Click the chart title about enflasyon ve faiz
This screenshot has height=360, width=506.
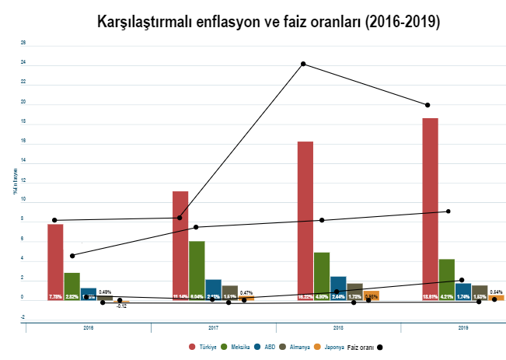[x=269, y=22]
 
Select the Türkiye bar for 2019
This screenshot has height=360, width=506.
[x=430, y=208]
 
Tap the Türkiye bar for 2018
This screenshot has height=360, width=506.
[x=305, y=220]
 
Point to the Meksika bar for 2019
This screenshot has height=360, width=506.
[x=447, y=279]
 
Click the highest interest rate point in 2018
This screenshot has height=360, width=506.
[x=303, y=64]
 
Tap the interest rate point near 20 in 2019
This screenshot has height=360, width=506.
[x=427, y=105]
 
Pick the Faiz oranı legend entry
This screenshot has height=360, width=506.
[x=365, y=347]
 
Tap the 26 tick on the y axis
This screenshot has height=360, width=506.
[x=23, y=44]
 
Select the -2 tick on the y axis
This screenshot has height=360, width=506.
[x=23, y=317]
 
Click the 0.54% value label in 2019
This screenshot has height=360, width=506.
[x=497, y=292]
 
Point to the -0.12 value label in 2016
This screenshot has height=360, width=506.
[x=121, y=306]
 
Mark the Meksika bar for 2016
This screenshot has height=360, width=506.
[x=72, y=285]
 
